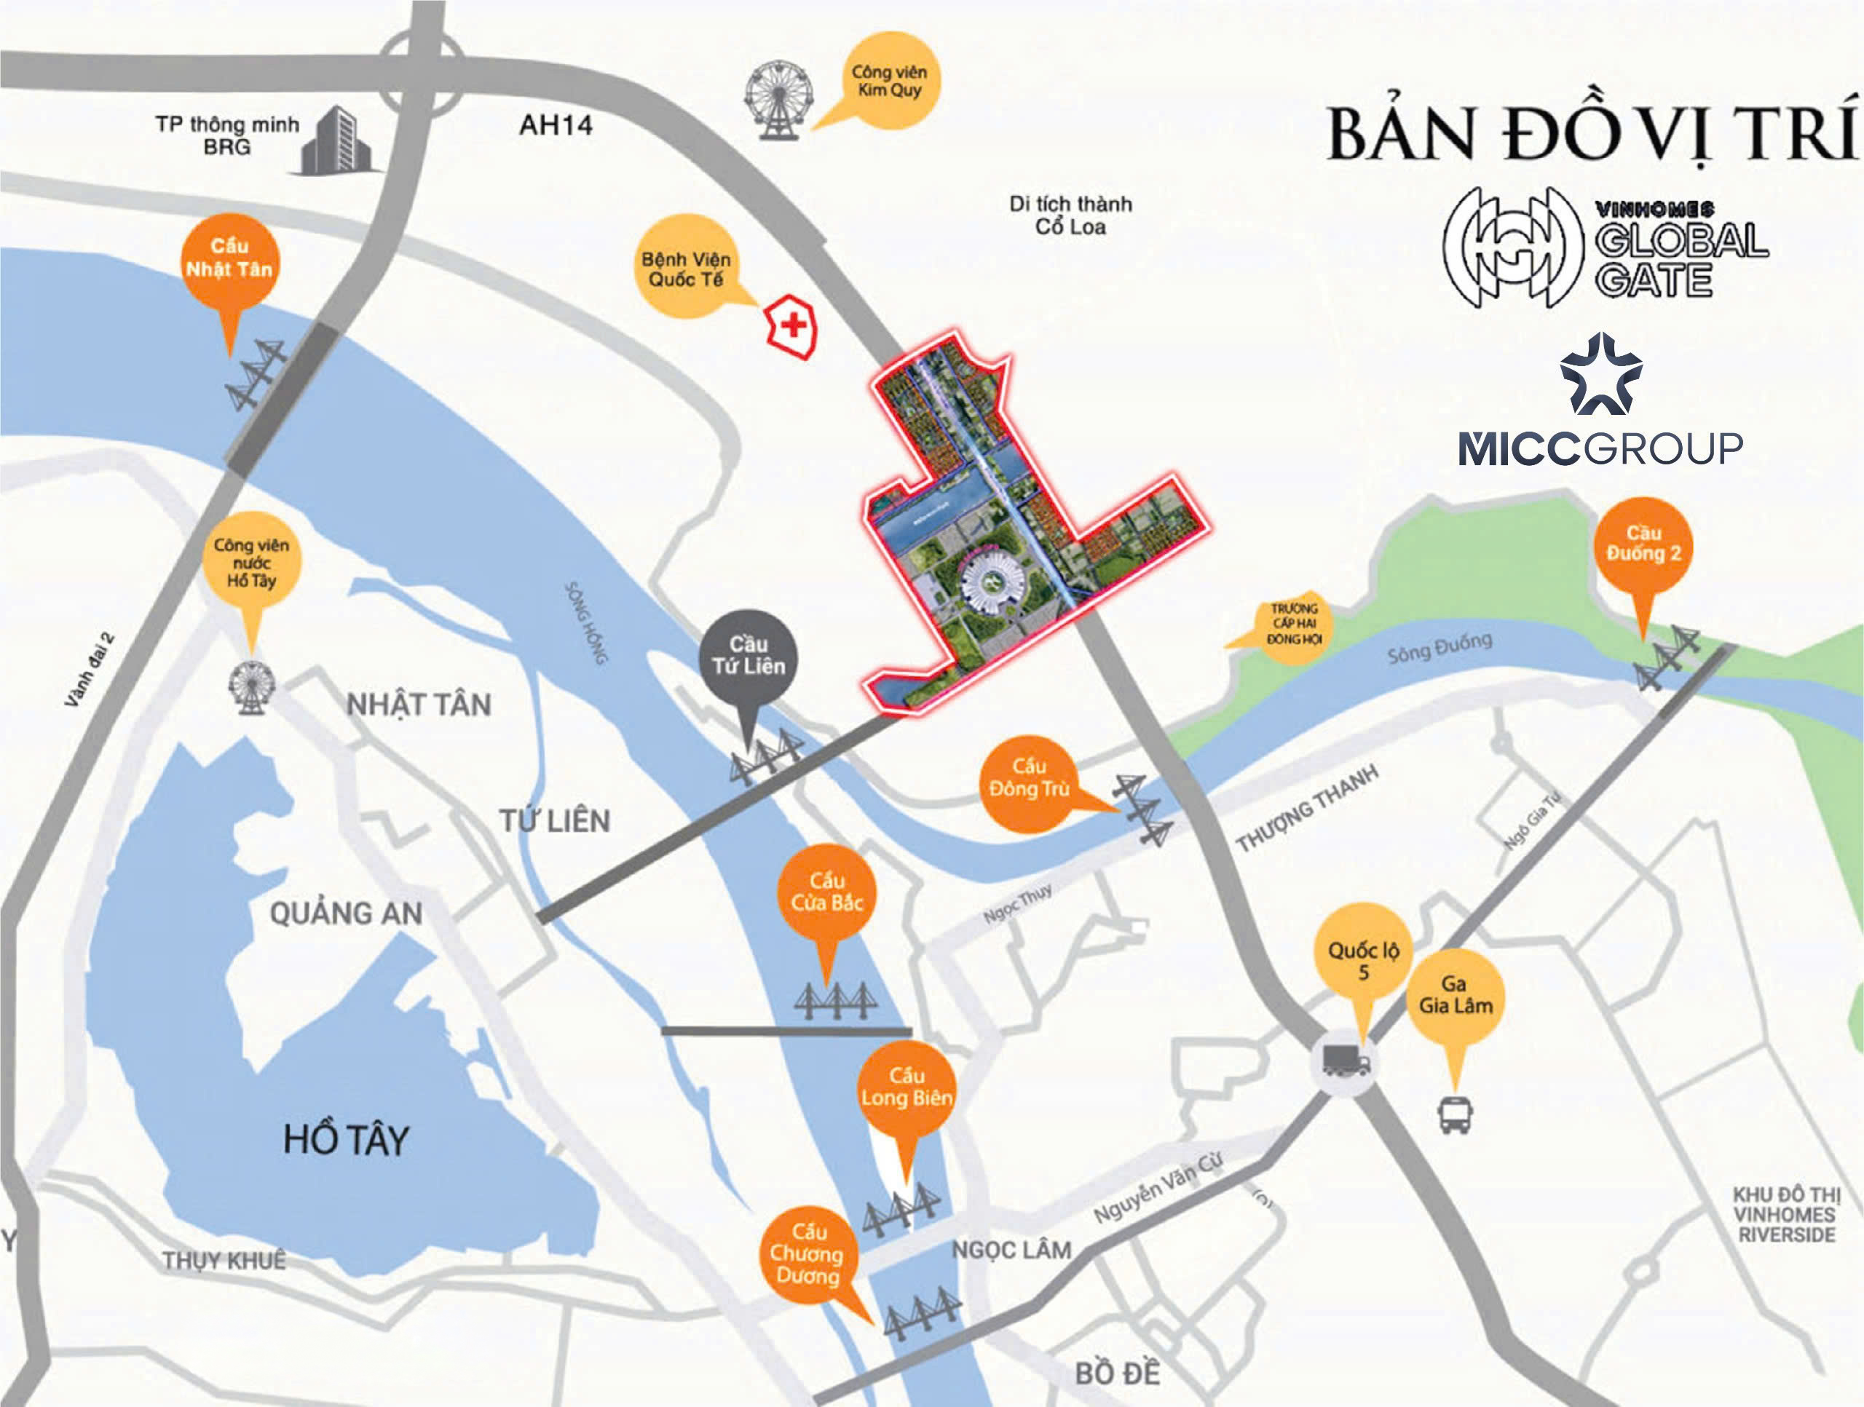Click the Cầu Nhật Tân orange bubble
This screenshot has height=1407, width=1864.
click(x=229, y=258)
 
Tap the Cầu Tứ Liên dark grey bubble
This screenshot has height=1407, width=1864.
click(x=748, y=656)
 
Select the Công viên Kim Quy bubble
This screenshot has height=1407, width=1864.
click(x=890, y=81)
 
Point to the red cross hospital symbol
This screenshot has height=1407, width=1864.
click(x=791, y=325)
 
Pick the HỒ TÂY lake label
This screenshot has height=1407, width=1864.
click(x=346, y=1140)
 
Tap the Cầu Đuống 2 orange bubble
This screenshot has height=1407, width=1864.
click(x=1643, y=544)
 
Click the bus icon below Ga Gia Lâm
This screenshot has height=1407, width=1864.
click(x=1456, y=1114)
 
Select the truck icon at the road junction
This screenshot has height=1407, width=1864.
click(x=1346, y=1061)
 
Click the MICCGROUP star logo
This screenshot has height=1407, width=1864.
click(x=1600, y=376)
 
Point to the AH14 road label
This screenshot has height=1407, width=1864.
click(x=556, y=125)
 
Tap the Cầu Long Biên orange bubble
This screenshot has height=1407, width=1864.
click(x=907, y=1087)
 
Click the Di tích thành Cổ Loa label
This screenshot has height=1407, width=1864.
click(x=1070, y=215)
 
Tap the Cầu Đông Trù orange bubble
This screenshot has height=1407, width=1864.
click(x=1029, y=779)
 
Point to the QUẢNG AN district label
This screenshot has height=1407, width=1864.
click(x=346, y=913)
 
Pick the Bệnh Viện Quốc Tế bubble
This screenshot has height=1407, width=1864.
click(x=686, y=269)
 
